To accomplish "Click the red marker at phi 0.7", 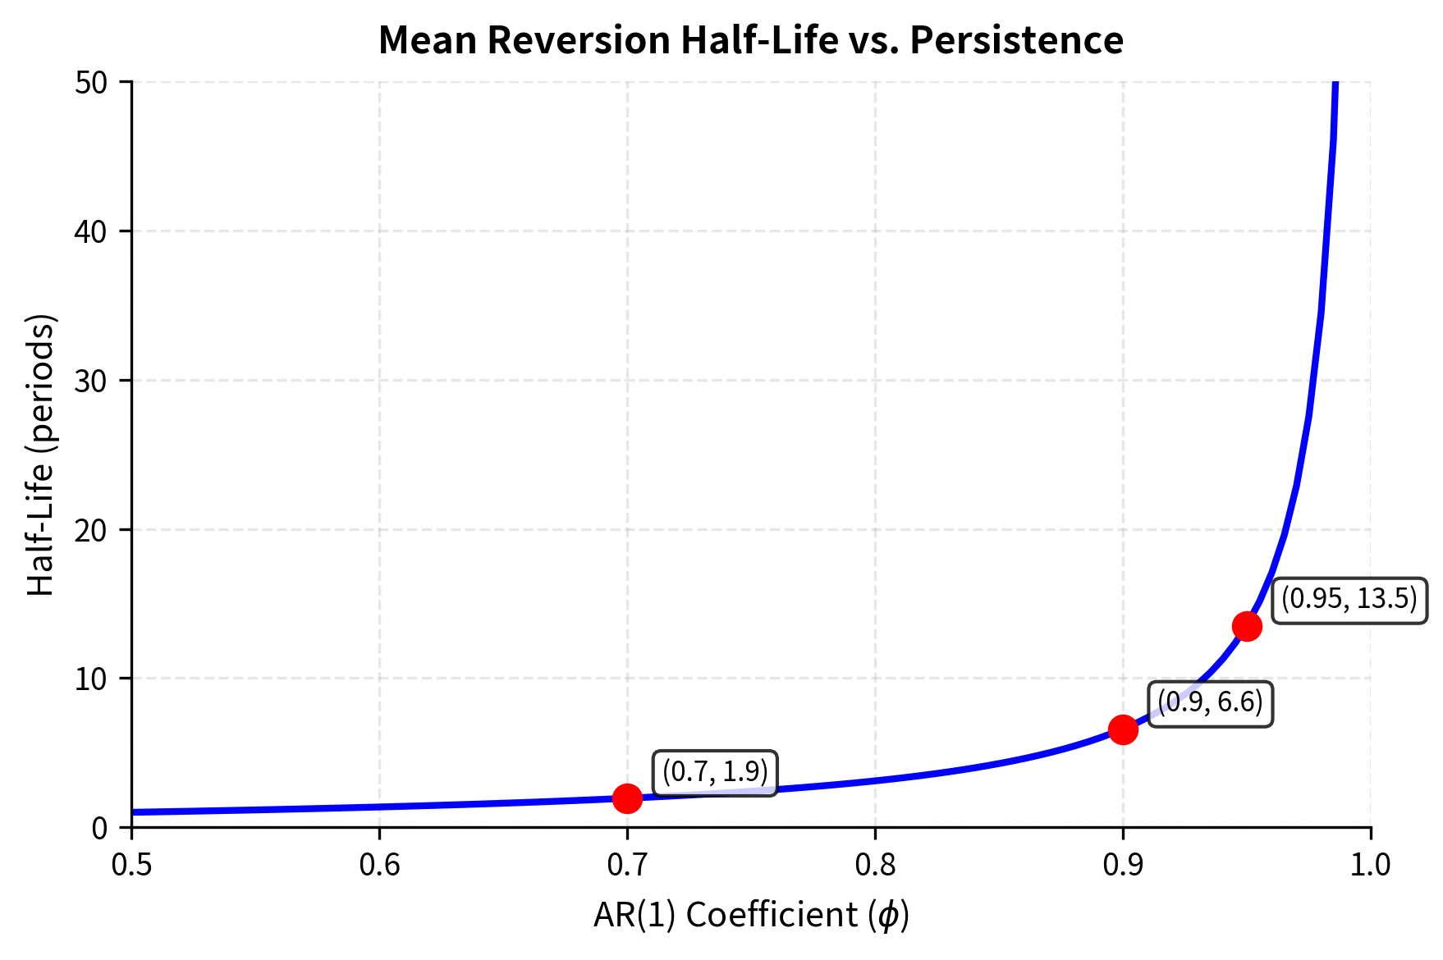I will [627, 798].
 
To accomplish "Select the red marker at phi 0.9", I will [1123, 729].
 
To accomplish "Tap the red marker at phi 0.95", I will [1247, 626].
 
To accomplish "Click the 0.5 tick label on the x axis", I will [131, 865].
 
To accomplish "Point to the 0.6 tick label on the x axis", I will [379, 865].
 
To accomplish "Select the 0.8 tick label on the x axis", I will [875, 865].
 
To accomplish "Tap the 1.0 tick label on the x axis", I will [1370, 865].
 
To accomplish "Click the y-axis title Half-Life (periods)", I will [41, 455].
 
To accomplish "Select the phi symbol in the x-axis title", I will [888, 915].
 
